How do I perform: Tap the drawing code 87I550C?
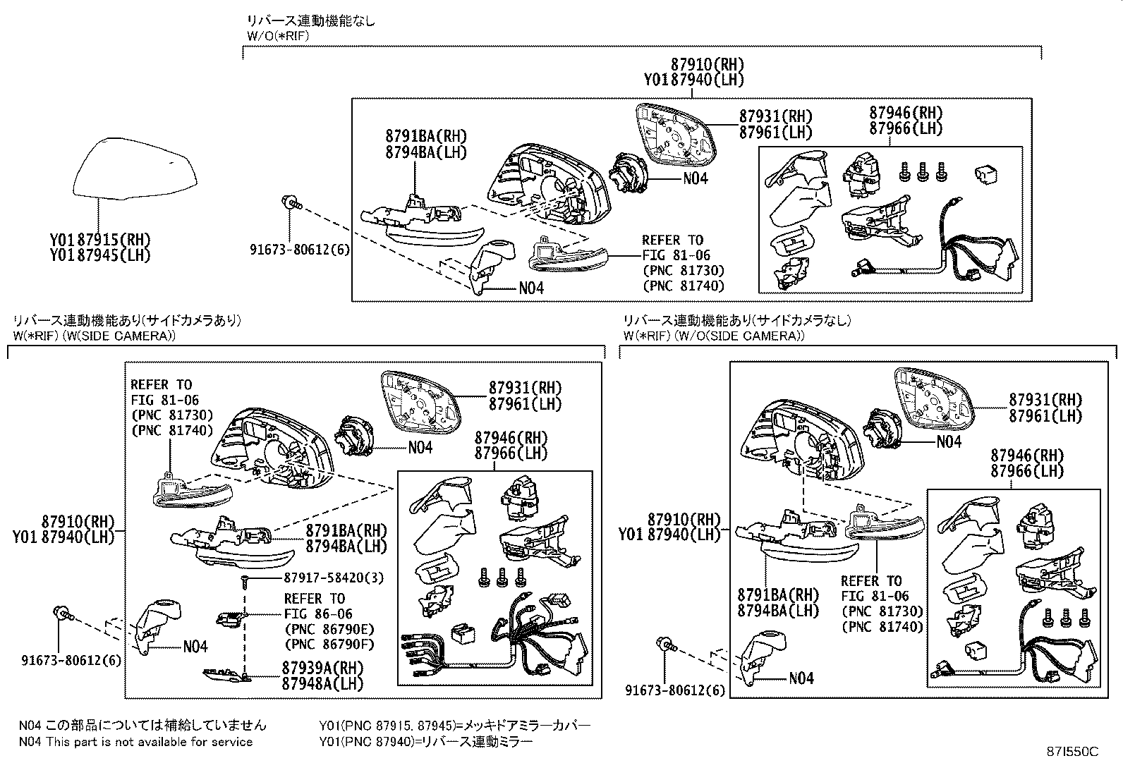point(1073,752)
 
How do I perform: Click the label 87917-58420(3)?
point(334,578)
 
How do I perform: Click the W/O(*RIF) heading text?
point(277,36)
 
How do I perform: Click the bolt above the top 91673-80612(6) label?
point(291,205)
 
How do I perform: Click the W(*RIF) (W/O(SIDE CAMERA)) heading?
point(713,336)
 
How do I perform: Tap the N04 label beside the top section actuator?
point(696,178)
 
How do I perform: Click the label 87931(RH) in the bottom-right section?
point(1045,400)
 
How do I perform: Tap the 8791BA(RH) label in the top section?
point(426,136)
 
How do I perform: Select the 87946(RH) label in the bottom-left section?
point(511,437)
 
